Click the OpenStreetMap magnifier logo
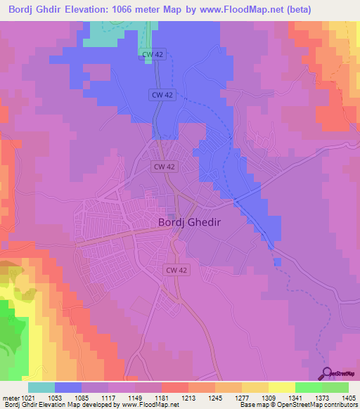tap(326, 373)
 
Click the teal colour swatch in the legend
tap(41, 387)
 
